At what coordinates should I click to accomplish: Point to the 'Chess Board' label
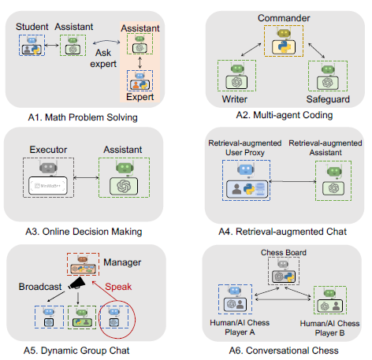(281, 252)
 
